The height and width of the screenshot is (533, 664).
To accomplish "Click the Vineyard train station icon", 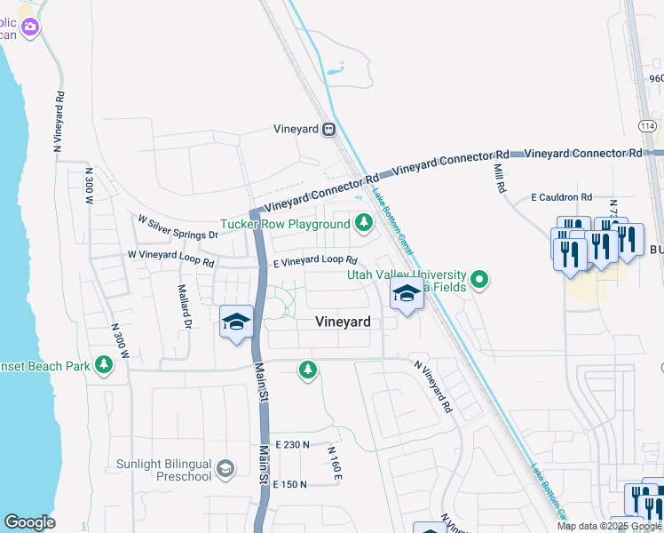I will (x=328, y=129).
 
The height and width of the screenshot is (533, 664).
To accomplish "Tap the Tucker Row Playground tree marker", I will (x=363, y=223).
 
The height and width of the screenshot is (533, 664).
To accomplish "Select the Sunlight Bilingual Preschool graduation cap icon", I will (x=225, y=468).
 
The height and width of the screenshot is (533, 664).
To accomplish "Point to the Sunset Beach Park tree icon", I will (x=105, y=364).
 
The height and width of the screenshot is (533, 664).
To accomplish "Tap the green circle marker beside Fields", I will (x=479, y=281).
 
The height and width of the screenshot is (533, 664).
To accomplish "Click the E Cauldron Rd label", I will (x=561, y=196).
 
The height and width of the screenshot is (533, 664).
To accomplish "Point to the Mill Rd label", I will (x=499, y=176).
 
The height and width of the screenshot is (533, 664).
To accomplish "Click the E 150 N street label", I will (x=290, y=484).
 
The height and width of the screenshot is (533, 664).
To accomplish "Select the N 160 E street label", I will (x=335, y=464).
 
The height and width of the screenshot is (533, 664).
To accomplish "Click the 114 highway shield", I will (x=647, y=127).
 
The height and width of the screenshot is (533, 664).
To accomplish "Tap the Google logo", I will (x=29, y=522).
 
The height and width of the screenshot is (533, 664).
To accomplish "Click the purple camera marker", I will (x=30, y=27).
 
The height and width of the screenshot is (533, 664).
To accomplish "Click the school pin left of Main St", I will (x=236, y=322).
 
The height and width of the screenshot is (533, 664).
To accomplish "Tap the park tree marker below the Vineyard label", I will (x=308, y=369).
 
